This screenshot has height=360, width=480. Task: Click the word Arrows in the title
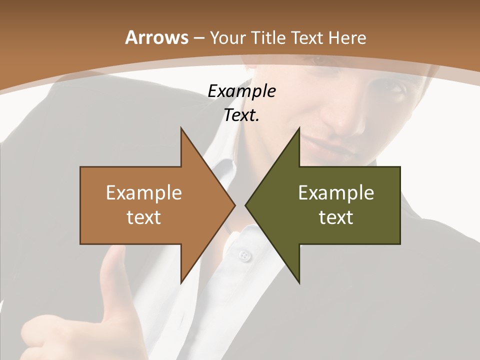coord(156,37)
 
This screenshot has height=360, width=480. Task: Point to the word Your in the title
coord(226,37)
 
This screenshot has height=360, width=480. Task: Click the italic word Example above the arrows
coord(241,91)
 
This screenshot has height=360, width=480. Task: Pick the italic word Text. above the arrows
coord(241,115)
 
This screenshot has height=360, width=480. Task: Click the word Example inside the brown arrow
coord(144,193)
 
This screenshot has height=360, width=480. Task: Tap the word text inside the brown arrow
coord(144,217)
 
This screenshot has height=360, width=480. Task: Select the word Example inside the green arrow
coord(336,193)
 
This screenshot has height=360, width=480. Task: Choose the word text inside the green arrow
coord(336,217)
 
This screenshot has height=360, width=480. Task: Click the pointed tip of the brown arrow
coord(235,205)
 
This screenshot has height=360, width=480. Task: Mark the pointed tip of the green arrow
coord(245,205)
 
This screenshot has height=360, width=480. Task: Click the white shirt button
coord(243,256)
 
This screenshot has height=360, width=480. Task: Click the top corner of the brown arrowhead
coord(181,128)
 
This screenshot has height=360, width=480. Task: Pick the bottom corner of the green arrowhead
coord(299,283)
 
